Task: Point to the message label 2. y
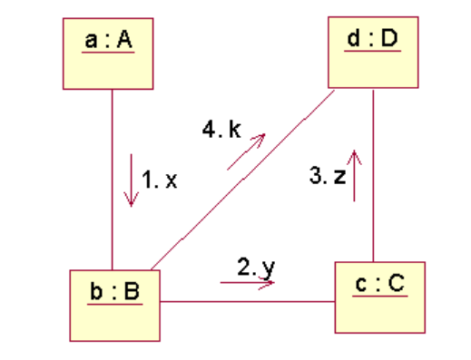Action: [x=255, y=267]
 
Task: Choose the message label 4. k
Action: [x=221, y=130]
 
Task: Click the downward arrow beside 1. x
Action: [x=131, y=181]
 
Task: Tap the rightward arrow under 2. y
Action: [x=247, y=283]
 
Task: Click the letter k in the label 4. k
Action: [x=234, y=130]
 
